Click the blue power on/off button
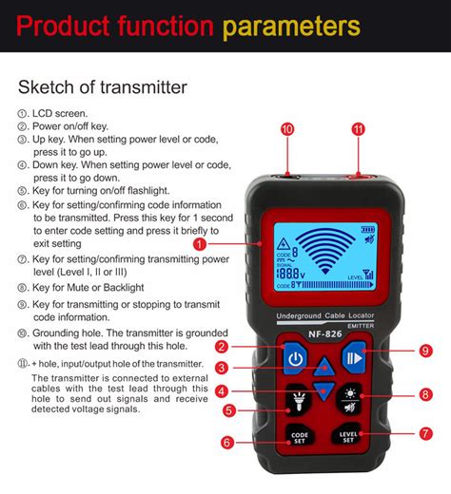[x=295, y=359]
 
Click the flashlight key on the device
[x=296, y=402]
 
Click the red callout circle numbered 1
[x=199, y=244]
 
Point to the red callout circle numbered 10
[x=287, y=128]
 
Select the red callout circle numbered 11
[x=358, y=128]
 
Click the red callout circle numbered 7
[x=425, y=433]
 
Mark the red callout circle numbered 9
[x=425, y=351]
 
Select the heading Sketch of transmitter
[x=103, y=88]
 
